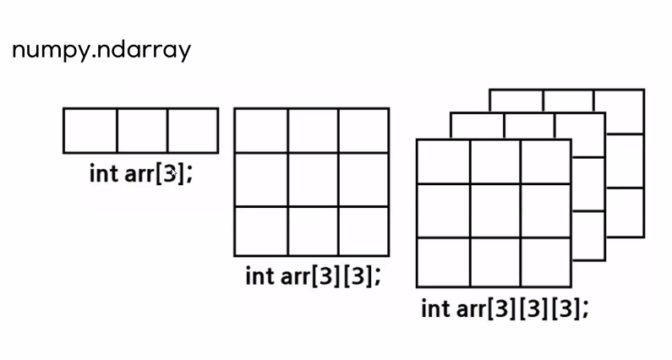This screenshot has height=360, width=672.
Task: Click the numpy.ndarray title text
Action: click(x=101, y=50)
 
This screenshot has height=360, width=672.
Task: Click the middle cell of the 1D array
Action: click(x=141, y=130)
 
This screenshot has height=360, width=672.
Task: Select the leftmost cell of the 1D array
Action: click(x=90, y=130)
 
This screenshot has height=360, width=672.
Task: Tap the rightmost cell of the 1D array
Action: click(x=192, y=130)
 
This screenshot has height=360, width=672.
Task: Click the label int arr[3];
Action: click(x=141, y=174)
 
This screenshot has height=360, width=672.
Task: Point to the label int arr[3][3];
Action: click(x=313, y=275)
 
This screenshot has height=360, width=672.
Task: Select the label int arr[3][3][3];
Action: click(x=504, y=308)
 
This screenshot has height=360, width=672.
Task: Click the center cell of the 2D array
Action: click(x=313, y=179)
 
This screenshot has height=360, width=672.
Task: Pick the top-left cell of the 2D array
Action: click(x=261, y=130)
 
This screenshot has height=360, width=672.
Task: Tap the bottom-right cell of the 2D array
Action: click(x=363, y=230)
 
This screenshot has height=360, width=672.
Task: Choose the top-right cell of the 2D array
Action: click(x=363, y=130)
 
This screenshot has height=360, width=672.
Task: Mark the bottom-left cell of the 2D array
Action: click(x=261, y=230)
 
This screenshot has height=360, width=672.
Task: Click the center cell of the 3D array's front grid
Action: click(x=494, y=210)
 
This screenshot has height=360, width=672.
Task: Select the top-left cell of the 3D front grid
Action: click(x=443, y=161)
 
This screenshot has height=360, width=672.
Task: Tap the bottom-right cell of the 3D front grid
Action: click(x=545, y=261)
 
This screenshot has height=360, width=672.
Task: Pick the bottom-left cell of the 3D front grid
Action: click(x=443, y=261)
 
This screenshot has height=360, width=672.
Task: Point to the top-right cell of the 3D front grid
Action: click(x=545, y=161)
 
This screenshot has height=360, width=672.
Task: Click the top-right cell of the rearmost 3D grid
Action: click(x=619, y=101)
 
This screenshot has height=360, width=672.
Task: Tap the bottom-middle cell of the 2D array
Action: click(x=313, y=230)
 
